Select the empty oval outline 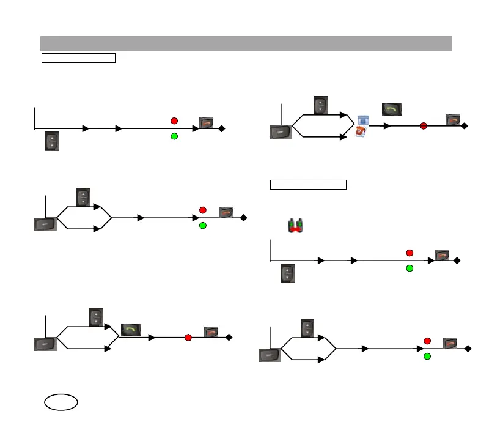[61, 402]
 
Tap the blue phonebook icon [363, 120]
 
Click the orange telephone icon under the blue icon [362, 131]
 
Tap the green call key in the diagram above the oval [131, 330]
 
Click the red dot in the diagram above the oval [188, 338]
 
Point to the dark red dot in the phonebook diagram [423, 126]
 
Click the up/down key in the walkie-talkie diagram [287, 273]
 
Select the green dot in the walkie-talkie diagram [409, 268]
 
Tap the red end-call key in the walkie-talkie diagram [442, 255]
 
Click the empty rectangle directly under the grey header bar [78, 58]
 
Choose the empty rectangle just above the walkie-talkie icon [309, 185]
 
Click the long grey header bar [246, 43]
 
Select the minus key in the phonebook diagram [281, 131]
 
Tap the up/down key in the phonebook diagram [320, 105]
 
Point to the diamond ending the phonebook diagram [465, 126]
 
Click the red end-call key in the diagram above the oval [211, 332]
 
